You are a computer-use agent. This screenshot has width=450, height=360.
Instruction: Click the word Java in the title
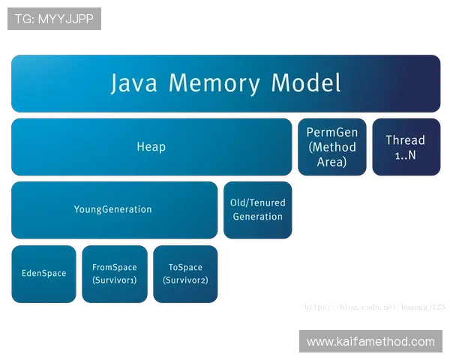(x=136, y=82)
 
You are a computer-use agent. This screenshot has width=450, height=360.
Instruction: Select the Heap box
(x=151, y=147)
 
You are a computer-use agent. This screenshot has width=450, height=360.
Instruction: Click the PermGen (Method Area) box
(x=332, y=147)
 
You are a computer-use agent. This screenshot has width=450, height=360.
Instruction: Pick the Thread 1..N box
(x=405, y=147)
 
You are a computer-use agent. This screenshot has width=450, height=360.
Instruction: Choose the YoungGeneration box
(x=113, y=210)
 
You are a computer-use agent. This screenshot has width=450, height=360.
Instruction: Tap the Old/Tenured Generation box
(x=257, y=210)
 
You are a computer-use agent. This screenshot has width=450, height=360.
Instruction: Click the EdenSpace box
(x=43, y=274)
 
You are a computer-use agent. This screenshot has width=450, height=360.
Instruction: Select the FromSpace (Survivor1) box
(x=114, y=274)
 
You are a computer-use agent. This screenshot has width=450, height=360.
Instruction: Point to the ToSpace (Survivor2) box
(x=185, y=274)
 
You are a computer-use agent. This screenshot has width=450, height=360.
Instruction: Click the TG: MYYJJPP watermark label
(x=54, y=19)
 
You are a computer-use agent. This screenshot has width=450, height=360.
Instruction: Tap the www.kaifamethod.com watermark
(x=370, y=342)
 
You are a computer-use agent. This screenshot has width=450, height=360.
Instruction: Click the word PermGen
(x=332, y=133)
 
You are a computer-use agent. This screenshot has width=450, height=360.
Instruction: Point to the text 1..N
(x=405, y=154)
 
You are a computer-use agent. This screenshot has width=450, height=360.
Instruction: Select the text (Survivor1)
(x=114, y=280)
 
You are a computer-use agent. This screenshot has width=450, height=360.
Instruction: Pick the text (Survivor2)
(x=185, y=280)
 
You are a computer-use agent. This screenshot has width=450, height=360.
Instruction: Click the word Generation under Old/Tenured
(x=257, y=217)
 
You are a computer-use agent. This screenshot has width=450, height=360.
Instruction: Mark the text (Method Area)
(x=332, y=154)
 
